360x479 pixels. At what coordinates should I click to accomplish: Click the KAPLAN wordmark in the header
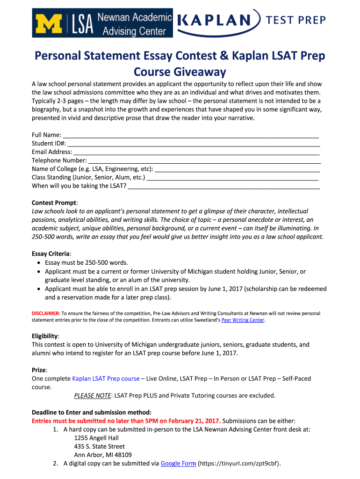click(218, 20)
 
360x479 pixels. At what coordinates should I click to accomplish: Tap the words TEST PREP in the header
click(295, 20)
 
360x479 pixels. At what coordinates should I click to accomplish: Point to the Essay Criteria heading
click(51, 254)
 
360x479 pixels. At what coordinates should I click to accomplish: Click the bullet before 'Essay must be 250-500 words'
click(38, 263)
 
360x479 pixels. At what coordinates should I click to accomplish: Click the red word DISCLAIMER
click(45, 313)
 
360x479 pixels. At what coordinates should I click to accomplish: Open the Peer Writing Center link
click(243, 320)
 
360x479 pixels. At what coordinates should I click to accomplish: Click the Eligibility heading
click(45, 336)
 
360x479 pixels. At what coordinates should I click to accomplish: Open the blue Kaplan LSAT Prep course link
click(106, 378)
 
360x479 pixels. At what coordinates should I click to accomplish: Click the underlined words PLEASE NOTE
click(93, 395)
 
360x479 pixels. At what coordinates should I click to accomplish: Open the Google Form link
click(178, 464)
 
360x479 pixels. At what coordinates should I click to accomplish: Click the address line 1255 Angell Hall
click(96, 438)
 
